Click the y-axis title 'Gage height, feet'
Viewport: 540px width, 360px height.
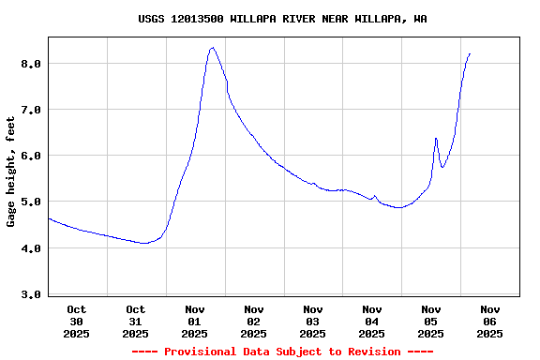click(11, 172)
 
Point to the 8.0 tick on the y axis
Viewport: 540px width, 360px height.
click(32, 64)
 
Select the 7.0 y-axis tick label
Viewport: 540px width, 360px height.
click(32, 110)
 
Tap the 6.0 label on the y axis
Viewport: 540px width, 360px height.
click(32, 156)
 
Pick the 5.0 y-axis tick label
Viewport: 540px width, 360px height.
click(32, 202)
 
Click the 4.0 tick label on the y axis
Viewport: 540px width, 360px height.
click(32, 248)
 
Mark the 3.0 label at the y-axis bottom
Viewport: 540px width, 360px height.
click(32, 294)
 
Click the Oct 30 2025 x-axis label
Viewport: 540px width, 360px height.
click(77, 321)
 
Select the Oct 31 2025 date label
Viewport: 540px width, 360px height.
click(136, 321)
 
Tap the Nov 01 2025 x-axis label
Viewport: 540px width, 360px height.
click(195, 321)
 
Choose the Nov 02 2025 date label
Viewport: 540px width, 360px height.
click(254, 321)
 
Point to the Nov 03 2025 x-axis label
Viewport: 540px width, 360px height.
click(313, 321)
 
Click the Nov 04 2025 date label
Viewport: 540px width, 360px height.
click(372, 321)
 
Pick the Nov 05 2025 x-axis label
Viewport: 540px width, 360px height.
click(431, 321)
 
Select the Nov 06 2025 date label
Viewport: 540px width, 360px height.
click(490, 321)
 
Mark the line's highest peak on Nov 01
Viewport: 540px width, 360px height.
click(213, 48)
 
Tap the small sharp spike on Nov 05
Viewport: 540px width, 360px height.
click(436, 139)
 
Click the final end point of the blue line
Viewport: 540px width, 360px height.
click(470, 54)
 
